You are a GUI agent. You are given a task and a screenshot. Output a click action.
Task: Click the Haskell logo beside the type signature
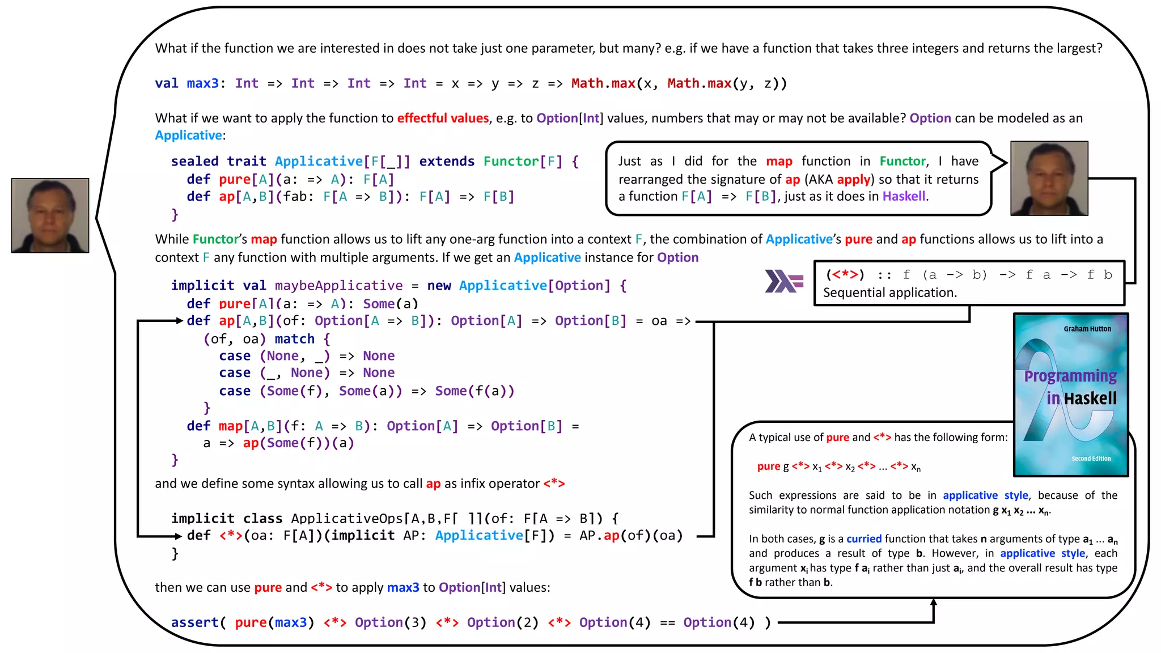click(x=783, y=281)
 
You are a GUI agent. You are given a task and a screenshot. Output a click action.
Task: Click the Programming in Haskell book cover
click(x=1070, y=395)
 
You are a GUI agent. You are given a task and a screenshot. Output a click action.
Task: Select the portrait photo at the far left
click(x=50, y=215)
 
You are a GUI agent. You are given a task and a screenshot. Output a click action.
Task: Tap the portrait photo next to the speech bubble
click(x=1049, y=179)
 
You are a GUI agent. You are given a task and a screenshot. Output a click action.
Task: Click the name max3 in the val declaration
click(x=202, y=84)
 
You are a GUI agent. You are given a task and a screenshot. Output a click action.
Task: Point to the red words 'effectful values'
click(x=443, y=118)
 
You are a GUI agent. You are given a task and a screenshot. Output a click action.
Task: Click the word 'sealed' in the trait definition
click(x=194, y=162)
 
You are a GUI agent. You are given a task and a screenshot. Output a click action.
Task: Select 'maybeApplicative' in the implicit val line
click(x=338, y=286)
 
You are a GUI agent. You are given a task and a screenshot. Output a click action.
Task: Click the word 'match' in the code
click(x=294, y=339)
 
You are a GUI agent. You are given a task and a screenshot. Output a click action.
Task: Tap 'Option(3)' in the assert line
click(x=390, y=622)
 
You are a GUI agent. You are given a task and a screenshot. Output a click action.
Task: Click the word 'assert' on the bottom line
click(x=194, y=622)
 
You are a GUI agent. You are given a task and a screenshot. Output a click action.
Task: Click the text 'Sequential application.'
click(x=889, y=293)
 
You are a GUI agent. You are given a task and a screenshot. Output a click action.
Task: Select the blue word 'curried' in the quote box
click(x=863, y=538)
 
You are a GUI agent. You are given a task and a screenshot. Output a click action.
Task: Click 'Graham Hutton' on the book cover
click(x=1087, y=329)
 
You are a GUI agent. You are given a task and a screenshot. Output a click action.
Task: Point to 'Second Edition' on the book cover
click(x=1091, y=459)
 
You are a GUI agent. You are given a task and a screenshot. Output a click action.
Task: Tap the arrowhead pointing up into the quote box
click(x=933, y=603)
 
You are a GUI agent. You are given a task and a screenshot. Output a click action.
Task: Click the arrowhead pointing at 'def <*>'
click(x=179, y=536)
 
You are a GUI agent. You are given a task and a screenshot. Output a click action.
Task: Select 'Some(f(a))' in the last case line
click(x=474, y=391)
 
